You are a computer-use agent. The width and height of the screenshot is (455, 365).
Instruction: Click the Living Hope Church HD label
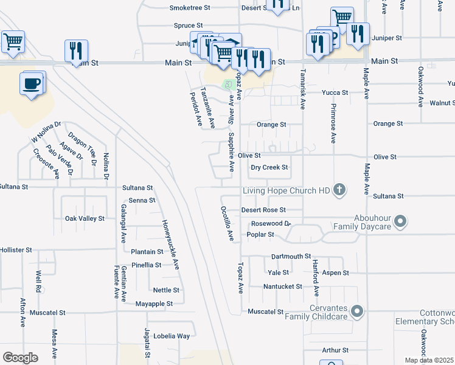click(285, 191)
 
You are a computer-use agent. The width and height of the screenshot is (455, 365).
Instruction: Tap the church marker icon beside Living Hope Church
click(339, 191)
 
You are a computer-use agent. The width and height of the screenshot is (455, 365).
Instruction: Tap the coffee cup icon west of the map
click(32, 84)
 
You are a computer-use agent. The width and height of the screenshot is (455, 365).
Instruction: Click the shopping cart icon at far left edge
click(12, 41)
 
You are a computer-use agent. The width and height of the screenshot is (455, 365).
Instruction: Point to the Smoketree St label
click(190, 8)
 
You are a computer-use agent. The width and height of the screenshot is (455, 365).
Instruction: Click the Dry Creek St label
click(269, 167)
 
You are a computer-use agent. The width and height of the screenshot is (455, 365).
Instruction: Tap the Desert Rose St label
click(263, 210)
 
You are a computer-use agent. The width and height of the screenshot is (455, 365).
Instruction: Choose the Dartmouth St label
click(291, 257)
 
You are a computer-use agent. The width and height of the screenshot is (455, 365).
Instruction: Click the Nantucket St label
click(283, 287)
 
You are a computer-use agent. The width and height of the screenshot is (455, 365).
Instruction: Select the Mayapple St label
click(154, 304)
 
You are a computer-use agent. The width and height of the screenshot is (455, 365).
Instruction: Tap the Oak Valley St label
click(85, 218)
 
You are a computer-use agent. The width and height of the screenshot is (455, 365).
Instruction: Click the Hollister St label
click(16, 250)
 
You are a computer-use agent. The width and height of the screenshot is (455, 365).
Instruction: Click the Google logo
click(21, 358)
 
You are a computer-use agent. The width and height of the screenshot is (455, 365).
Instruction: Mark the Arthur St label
click(335, 350)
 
